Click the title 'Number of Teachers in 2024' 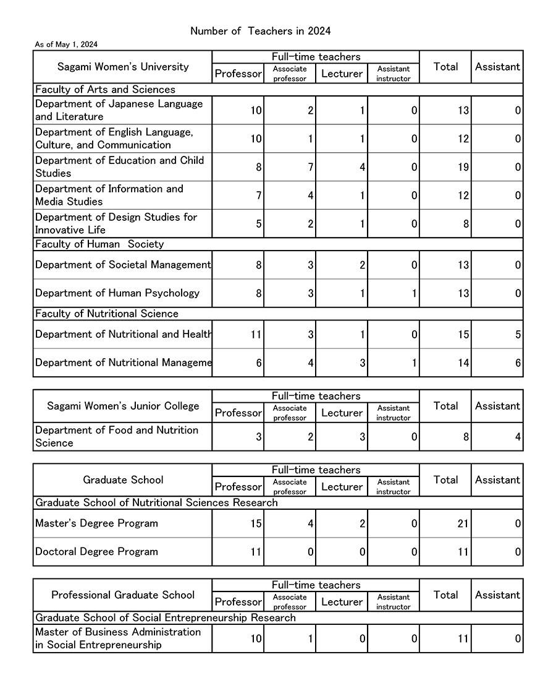point(260,31)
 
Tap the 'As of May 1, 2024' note point(66,45)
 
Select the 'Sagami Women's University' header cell point(123,67)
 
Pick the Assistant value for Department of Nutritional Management point(518,363)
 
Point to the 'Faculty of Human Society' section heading point(99,244)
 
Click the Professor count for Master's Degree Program point(255,524)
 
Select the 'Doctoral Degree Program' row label point(96,552)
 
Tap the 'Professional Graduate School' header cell point(123,595)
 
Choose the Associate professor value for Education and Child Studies point(310,167)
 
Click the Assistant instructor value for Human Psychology point(414,294)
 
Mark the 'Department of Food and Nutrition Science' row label point(117,437)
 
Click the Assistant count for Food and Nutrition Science point(518,437)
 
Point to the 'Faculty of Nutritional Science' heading point(107,314)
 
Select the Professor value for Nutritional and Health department point(255,335)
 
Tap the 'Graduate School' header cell point(123,480)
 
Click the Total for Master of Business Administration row point(463,639)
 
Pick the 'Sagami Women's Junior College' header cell point(123,406)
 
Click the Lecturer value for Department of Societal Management point(362,265)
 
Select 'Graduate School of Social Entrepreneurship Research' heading point(166,618)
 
